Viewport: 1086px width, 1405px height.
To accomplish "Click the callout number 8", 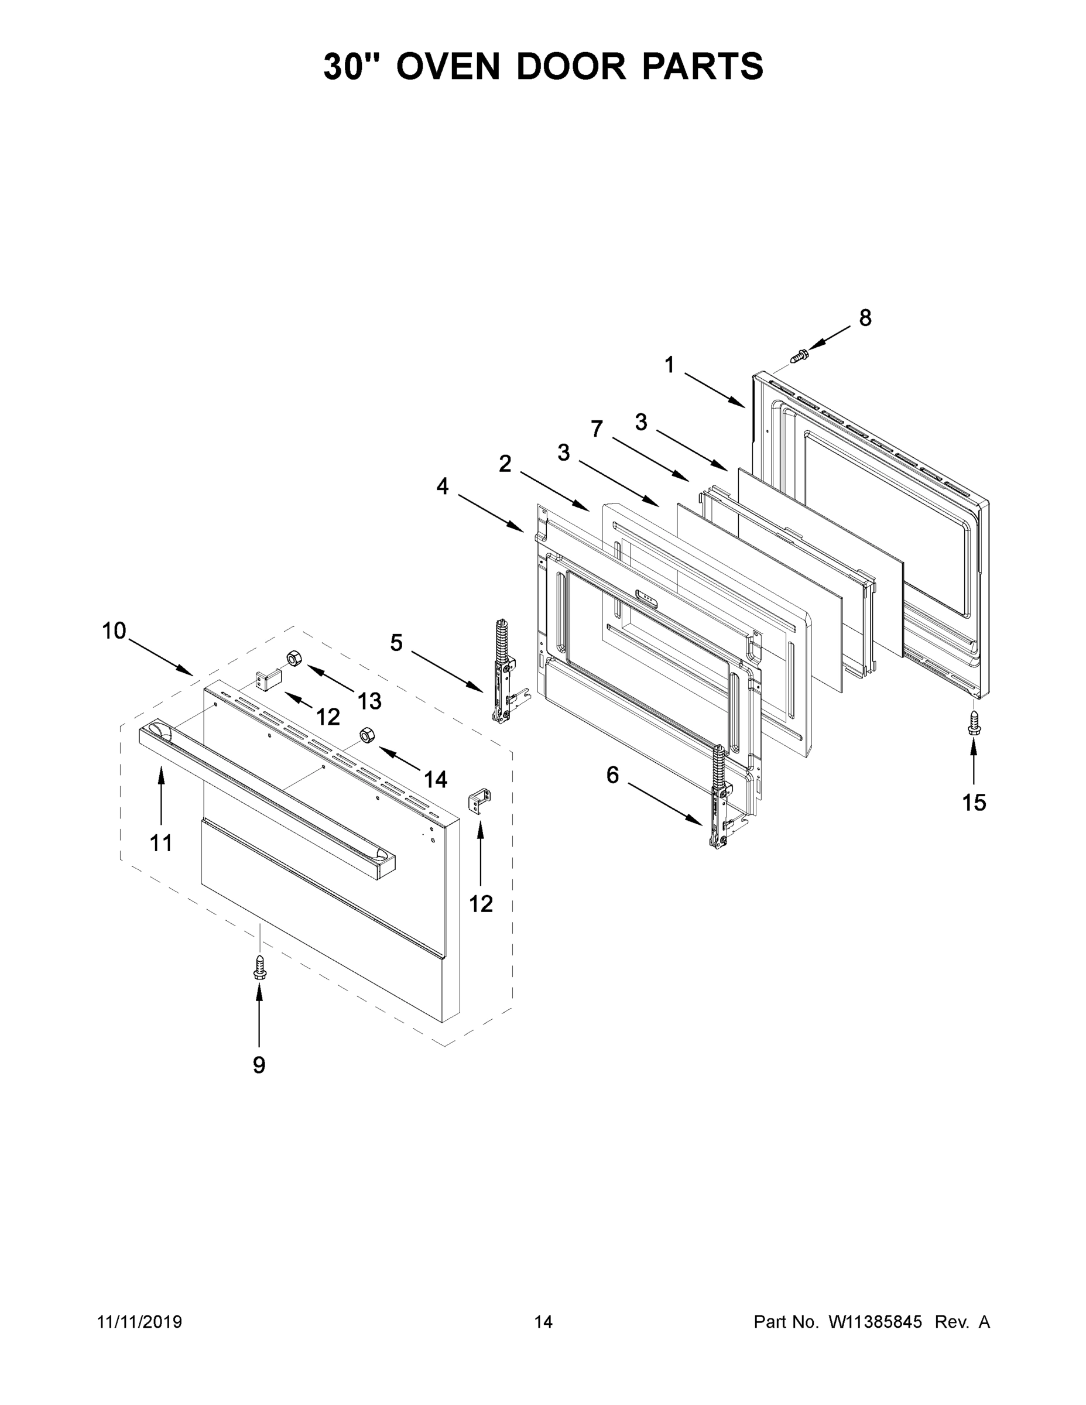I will pyautogui.click(x=865, y=317).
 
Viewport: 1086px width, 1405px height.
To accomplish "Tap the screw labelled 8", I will pyautogui.click(x=799, y=354).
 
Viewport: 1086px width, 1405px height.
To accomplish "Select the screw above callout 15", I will pyautogui.click(x=974, y=722).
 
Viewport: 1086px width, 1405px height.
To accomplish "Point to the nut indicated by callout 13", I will pyautogui.click(x=294, y=658).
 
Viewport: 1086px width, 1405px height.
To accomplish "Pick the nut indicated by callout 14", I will pyautogui.click(x=366, y=735).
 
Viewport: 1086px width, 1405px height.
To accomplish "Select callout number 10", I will pyautogui.click(x=114, y=631).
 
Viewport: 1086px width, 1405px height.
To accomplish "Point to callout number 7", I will pyautogui.click(x=597, y=428).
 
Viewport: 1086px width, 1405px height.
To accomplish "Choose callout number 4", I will pyautogui.click(x=443, y=486).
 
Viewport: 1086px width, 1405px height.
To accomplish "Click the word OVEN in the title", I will pyautogui.click(x=448, y=66).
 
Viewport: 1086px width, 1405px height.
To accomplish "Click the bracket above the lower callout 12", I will pyautogui.click(x=480, y=804).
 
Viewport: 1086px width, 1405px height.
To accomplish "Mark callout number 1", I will pyautogui.click(x=670, y=365).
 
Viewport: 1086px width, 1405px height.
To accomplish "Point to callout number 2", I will pyautogui.click(x=505, y=463).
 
